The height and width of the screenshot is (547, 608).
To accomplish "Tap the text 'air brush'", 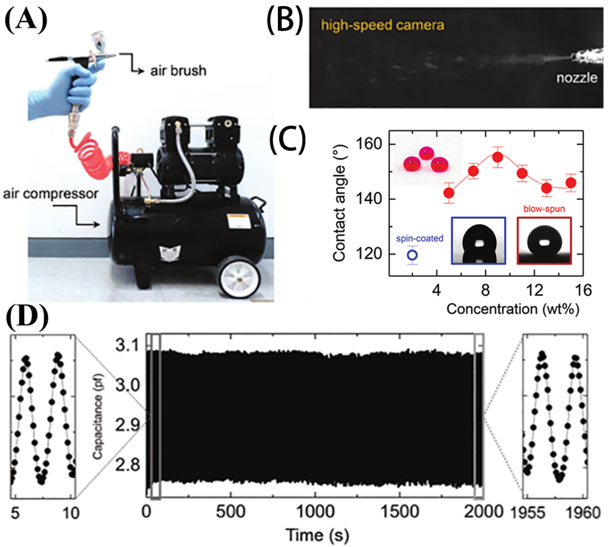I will pyautogui.click(x=178, y=71).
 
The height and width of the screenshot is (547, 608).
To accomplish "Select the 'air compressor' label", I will pyautogui.click(x=51, y=194).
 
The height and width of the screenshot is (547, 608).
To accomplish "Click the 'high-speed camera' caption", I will pyautogui.click(x=382, y=25).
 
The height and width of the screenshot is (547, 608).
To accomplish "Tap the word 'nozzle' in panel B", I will pyautogui.click(x=576, y=78).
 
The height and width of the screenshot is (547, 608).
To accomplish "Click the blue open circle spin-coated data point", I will pyautogui.click(x=412, y=255).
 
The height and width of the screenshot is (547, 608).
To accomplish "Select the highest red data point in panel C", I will pyautogui.click(x=498, y=157).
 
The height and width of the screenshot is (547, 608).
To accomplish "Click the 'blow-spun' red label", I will pyautogui.click(x=544, y=208).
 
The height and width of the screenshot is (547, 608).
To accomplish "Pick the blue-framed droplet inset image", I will pyautogui.click(x=478, y=241).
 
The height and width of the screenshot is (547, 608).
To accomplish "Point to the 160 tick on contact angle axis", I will pyautogui.click(x=368, y=144).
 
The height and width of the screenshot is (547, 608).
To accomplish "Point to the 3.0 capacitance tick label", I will pyautogui.click(x=128, y=385).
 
